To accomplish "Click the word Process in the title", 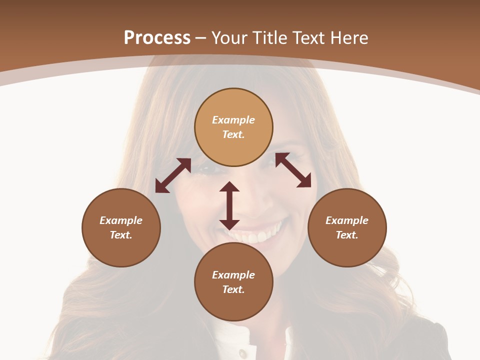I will point(157,38).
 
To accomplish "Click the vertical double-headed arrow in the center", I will point(229,205).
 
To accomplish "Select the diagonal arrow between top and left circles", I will point(173,175).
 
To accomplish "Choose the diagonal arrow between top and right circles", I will point(293,170).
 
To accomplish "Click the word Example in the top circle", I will point(233,120).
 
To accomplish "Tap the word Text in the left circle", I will point(121,235).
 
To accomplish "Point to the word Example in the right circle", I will point(347,220).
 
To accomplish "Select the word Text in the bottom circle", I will point(233,289).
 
